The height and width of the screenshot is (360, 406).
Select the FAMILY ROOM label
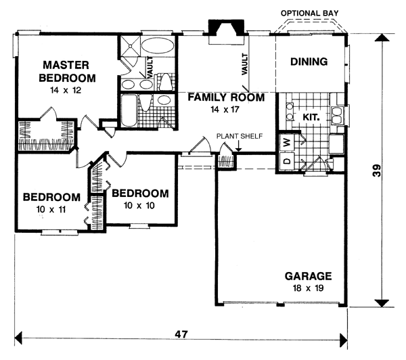tap(226, 97)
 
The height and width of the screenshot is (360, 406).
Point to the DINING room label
tap(309, 62)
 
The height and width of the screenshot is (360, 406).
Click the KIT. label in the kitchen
tap(311, 116)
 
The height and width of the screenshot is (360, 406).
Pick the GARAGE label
tap(308, 276)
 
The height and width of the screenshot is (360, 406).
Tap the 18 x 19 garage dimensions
tap(308, 288)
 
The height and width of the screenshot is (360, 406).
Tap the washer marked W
tap(286, 143)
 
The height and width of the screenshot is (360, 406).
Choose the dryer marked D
tap(286, 162)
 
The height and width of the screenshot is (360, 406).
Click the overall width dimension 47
tap(181, 335)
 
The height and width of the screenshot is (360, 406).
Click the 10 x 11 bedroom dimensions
tap(51, 210)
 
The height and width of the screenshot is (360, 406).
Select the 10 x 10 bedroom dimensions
tap(140, 204)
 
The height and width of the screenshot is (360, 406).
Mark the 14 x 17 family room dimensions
tap(226, 109)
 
